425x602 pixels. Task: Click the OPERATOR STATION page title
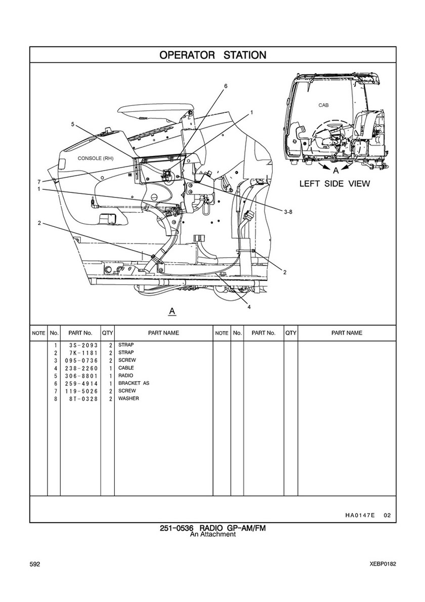(212, 55)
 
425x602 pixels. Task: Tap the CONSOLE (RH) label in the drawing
(96, 158)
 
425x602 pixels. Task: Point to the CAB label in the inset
(323, 105)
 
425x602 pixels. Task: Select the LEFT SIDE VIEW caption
(334, 184)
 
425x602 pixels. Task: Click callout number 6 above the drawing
(226, 86)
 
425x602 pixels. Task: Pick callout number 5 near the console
(72, 124)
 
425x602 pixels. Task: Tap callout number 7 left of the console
(38, 182)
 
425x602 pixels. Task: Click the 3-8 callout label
(288, 212)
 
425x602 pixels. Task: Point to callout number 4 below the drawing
(249, 306)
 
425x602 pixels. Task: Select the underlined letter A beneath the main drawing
(172, 310)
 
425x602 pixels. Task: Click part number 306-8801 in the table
(80, 376)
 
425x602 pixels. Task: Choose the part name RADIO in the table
(125, 376)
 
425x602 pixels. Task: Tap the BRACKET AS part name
(134, 383)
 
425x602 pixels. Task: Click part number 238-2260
(80, 368)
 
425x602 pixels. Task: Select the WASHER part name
(129, 398)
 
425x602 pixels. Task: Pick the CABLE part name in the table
(126, 368)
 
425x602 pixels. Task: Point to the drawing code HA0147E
(360, 515)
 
